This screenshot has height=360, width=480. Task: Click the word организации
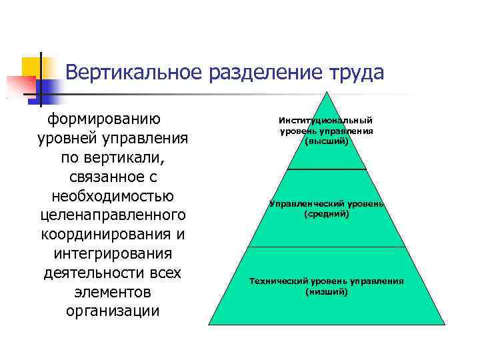pos(113,311)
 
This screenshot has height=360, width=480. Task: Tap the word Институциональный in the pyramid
pos(326,121)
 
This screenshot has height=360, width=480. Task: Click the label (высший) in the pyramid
pos(326,142)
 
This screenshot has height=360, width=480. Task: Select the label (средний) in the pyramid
pos(326,215)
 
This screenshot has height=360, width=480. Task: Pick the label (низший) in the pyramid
pos(326,292)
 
